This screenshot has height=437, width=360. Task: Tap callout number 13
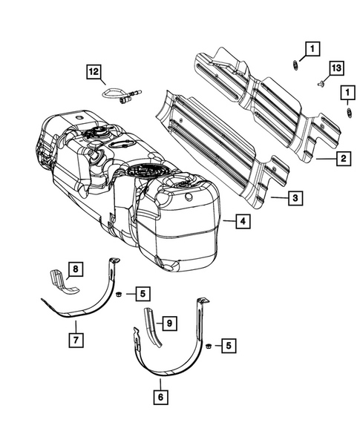[336, 68]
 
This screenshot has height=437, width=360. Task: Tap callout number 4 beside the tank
[242, 220]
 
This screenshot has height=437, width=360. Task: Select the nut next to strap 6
[208, 346]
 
